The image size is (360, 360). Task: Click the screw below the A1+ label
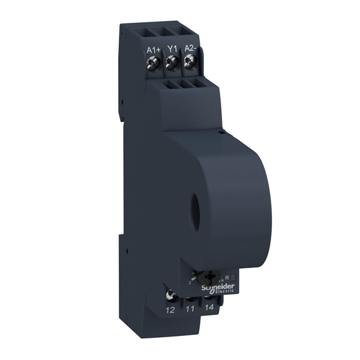[x=152, y=62]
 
